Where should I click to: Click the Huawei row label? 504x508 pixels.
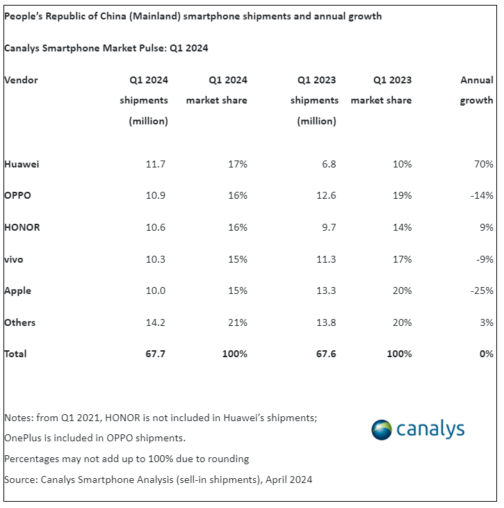click(x=22, y=165)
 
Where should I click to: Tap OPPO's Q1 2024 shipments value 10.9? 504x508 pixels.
click(x=154, y=195)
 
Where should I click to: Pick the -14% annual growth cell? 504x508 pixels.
click(x=481, y=195)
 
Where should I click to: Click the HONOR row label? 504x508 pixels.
click(x=22, y=227)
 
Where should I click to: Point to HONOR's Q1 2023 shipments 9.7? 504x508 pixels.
click(x=326, y=227)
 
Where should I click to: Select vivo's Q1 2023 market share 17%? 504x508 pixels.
click(x=401, y=259)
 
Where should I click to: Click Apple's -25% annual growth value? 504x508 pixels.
click(x=481, y=290)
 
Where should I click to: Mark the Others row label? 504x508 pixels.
click(x=20, y=322)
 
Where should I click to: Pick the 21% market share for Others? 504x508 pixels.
click(x=237, y=322)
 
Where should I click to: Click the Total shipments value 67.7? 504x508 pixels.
click(x=154, y=354)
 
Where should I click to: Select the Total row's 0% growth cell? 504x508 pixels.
click(x=486, y=354)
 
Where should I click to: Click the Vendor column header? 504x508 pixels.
click(x=22, y=80)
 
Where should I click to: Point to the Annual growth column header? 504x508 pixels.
click(x=477, y=90)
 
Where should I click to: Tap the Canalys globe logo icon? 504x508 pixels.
click(x=382, y=429)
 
